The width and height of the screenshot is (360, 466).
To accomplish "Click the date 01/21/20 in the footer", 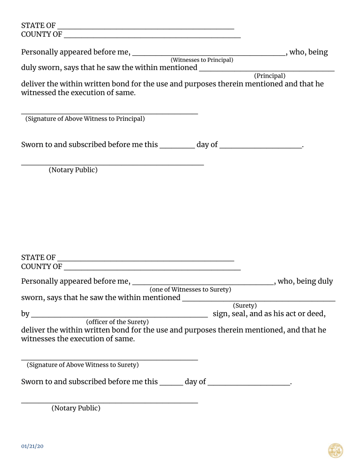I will pos(32,446).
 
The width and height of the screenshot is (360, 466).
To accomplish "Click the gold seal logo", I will pos(335,451).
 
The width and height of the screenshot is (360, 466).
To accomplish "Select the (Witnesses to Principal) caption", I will pos(202,60).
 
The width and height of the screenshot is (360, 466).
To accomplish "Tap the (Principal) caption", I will pos(269,75).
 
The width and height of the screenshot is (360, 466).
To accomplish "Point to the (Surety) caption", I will pos(245,305).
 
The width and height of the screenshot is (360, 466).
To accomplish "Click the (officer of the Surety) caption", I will pos(117,322).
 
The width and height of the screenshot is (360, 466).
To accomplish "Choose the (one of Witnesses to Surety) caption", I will pos(190,289).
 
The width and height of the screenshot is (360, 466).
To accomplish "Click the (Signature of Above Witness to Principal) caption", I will pos(85,119).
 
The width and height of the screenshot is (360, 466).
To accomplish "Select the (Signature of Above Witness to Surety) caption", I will pos(83,365).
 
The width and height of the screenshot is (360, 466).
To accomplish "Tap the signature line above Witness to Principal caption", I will pos(109,113).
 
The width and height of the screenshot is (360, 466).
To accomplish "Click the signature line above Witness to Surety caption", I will pos(109,359).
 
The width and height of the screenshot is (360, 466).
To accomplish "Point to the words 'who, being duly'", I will pos(305,281).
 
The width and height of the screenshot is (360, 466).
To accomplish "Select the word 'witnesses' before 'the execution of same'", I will pos(38,339).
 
